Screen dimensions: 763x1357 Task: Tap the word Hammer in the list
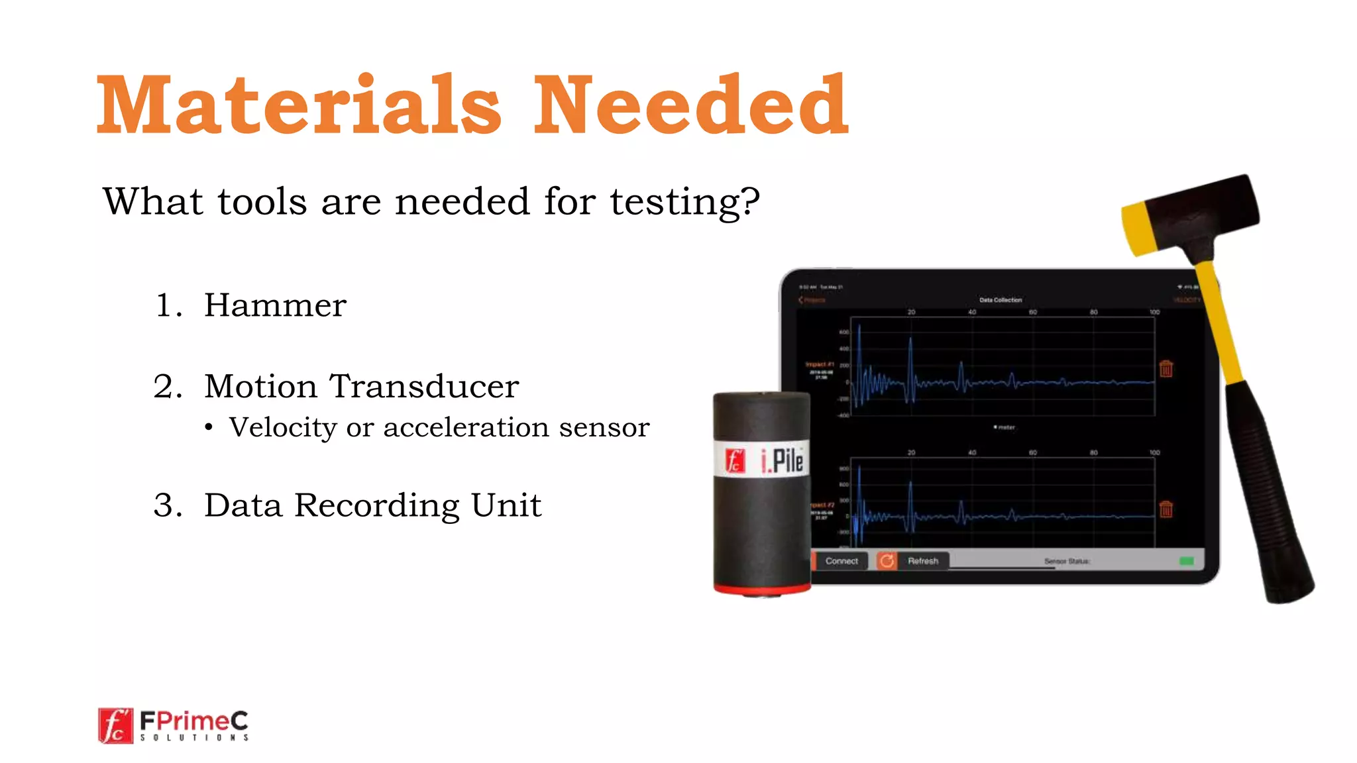tap(275, 305)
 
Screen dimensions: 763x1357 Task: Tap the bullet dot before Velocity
tap(209, 428)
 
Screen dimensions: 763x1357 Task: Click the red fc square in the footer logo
tap(115, 726)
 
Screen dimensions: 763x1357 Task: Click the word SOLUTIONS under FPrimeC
tap(194, 737)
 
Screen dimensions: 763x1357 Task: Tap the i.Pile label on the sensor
tap(782, 460)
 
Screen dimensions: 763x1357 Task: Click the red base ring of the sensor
tap(762, 589)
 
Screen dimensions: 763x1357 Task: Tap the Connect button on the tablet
tap(841, 561)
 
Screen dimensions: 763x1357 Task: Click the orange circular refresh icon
tap(887, 561)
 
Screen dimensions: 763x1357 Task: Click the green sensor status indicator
tap(1186, 561)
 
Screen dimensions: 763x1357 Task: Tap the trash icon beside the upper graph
tap(1166, 369)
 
